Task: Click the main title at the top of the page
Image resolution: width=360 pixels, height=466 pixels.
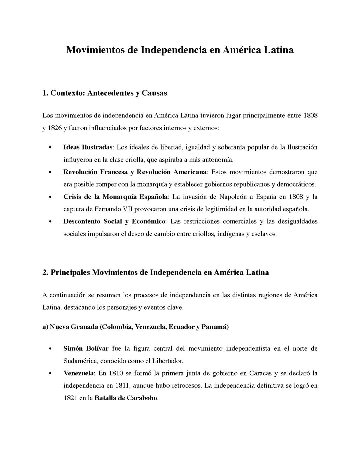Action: pyautogui.click(x=180, y=50)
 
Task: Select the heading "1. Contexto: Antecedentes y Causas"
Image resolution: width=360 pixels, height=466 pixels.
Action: pyautogui.click(x=105, y=93)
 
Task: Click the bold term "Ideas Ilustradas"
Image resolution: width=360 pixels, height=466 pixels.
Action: pyautogui.click(x=88, y=147)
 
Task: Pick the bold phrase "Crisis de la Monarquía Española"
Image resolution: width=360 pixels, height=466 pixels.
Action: pyautogui.click(x=116, y=197)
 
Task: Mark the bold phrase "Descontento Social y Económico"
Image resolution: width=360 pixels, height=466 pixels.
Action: pyautogui.click(x=114, y=221)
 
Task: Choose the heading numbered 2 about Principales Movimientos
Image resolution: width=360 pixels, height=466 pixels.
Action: pyautogui.click(x=156, y=273)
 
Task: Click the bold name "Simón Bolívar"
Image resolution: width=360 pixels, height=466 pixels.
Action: pyautogui.click(x=86, y=349)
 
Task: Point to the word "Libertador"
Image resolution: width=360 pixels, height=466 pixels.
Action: pyautogui.click(x=167, y=361)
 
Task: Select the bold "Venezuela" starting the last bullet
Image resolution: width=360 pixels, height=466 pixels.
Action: pyautogui.click(x=79, y=373)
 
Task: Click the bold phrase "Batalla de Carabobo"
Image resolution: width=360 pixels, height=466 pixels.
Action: pyautogui.click(x=126, y=398)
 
